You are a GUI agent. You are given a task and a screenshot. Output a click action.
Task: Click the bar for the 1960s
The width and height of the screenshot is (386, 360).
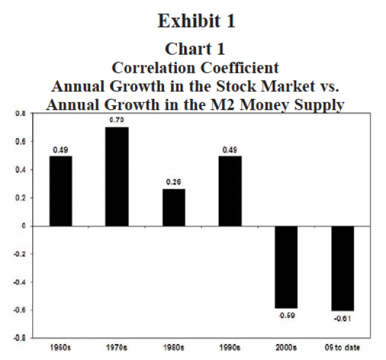(x=61, y=191)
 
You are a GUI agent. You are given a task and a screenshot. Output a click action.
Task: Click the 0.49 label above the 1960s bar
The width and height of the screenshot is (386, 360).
(x=61, y=150)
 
